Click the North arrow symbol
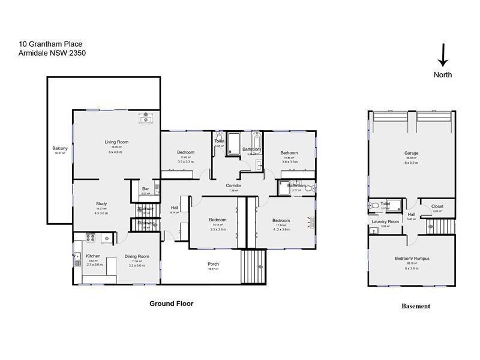click(443, 55)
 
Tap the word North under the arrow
click(443, 75)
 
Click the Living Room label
click(116, 142)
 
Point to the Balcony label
click(60, 148)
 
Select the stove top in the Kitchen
click(92, 238)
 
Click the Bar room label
click(145, 190)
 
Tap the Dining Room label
click(136, 257)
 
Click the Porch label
click(213, 265)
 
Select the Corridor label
click(234, 186)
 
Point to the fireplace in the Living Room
click(146, 119)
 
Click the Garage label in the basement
click(411, 154)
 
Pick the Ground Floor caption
click(171, 304)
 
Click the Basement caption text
click(415, 306)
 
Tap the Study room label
click(101, 203)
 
